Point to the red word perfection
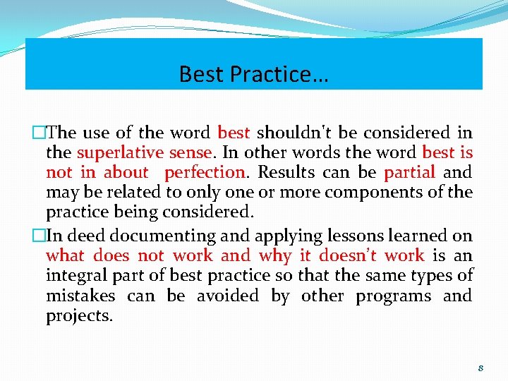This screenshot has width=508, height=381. (x=205, y=172)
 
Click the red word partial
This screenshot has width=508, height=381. (x=410, y=172)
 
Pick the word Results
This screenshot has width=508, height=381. (x=287, y=172)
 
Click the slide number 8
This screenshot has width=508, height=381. (x=480, y=368)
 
